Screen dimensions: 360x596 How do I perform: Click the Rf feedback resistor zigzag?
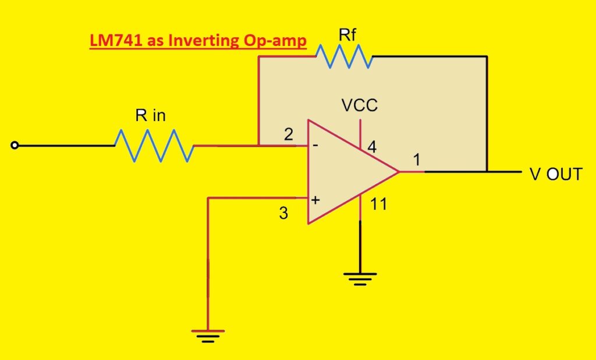point(343,56)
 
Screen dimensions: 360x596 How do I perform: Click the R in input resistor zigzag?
point(154,145)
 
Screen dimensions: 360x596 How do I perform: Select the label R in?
point(150,115)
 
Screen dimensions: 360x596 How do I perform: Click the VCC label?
point(359,105)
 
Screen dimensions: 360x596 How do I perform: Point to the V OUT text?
point(555,173)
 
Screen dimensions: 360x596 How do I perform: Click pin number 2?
point(288,135)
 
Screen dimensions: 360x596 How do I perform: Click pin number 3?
point(283,213)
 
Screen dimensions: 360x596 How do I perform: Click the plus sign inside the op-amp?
point(315,199)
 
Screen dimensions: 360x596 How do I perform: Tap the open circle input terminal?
point(15,146)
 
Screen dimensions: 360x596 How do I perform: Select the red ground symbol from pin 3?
point(208,334)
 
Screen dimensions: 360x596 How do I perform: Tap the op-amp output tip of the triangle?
point(399,172)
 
